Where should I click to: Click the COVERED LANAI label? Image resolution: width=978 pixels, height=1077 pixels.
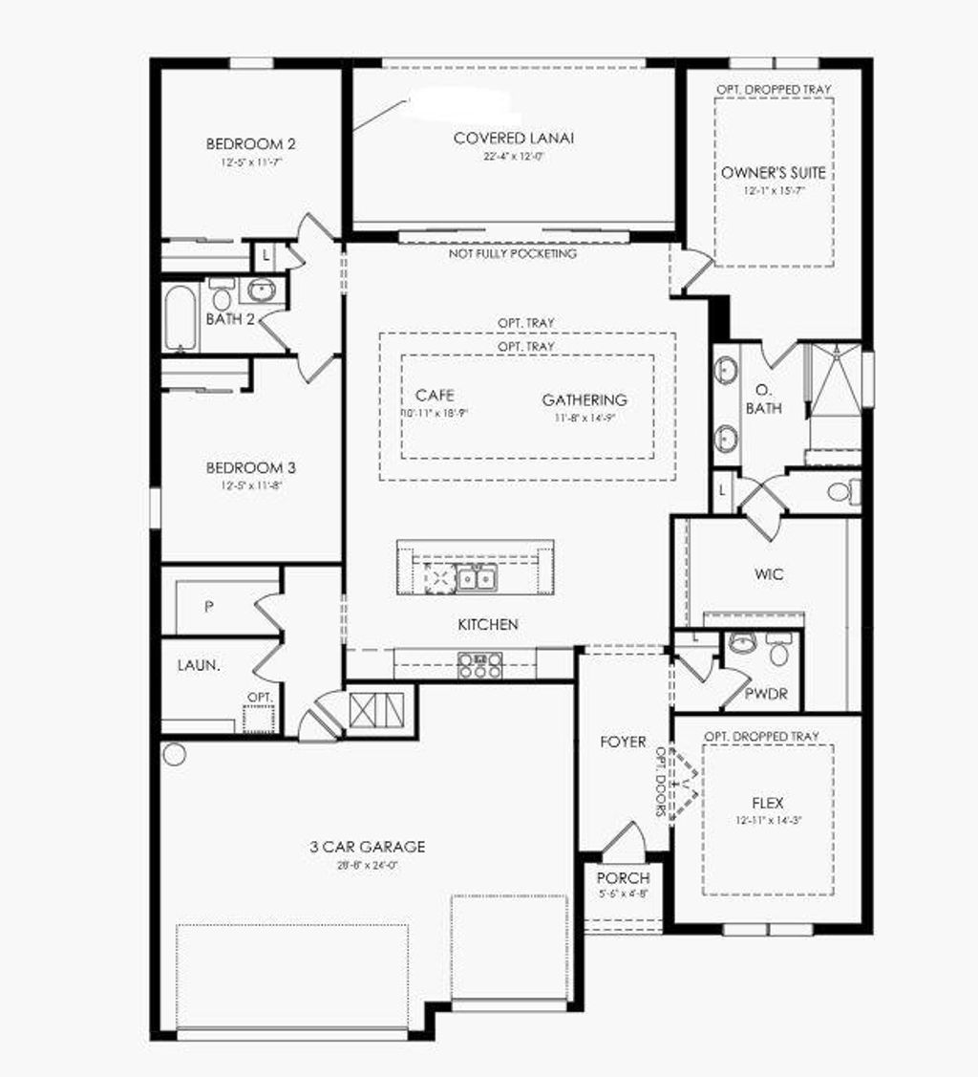514,139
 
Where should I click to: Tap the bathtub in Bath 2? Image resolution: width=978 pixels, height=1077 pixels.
180,318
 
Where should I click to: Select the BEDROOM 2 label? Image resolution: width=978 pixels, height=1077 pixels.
250,144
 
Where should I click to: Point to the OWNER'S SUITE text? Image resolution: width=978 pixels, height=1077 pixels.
773,173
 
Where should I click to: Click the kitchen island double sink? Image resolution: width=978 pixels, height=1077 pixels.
475,578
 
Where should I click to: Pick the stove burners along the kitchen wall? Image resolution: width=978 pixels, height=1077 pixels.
479,664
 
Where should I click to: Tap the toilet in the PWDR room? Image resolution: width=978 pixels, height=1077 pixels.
778,652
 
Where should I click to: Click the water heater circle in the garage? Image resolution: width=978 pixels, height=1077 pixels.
174,754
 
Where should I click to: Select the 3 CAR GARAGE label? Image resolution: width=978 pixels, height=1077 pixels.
367,847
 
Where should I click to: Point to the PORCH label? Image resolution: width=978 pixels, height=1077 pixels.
623,878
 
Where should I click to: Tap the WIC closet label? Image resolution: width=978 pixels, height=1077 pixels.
769,574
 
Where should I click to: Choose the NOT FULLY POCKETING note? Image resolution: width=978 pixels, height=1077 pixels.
513,254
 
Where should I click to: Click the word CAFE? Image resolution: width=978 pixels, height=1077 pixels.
435,396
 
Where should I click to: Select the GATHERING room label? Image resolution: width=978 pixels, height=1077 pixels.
585,400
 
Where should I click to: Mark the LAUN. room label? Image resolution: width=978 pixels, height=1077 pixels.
199,665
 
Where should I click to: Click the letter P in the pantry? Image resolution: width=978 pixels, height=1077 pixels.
208,605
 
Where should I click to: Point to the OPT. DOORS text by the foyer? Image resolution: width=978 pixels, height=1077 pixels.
660,780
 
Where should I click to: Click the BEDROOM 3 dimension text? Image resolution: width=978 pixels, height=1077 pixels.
250,485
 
